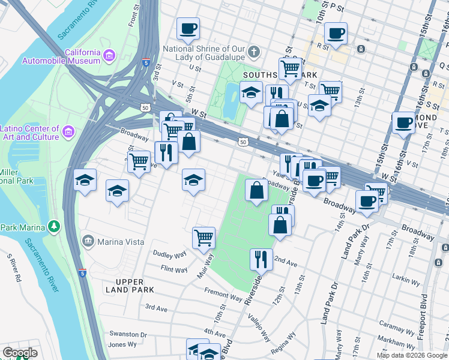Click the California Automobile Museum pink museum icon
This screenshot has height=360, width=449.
pos(109,56)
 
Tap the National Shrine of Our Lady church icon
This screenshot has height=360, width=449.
pos(254,52)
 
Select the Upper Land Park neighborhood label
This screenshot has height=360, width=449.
pos(130,286)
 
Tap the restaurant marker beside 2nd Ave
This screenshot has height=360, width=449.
pos(261,259)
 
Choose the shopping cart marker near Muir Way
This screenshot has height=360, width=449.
pos(203,238)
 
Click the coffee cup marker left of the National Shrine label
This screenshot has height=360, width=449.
pos(188,28)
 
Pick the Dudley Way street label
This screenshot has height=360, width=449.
pos(170,254)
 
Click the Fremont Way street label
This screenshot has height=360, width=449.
pos(223,295)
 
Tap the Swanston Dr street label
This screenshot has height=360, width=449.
pos(128,334)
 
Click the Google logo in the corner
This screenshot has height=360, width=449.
pos(20,353)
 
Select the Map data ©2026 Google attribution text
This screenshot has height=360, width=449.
pos(412,355)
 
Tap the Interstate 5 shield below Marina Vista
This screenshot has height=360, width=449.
pos(83,273)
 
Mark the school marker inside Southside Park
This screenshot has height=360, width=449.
pos(250,92)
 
